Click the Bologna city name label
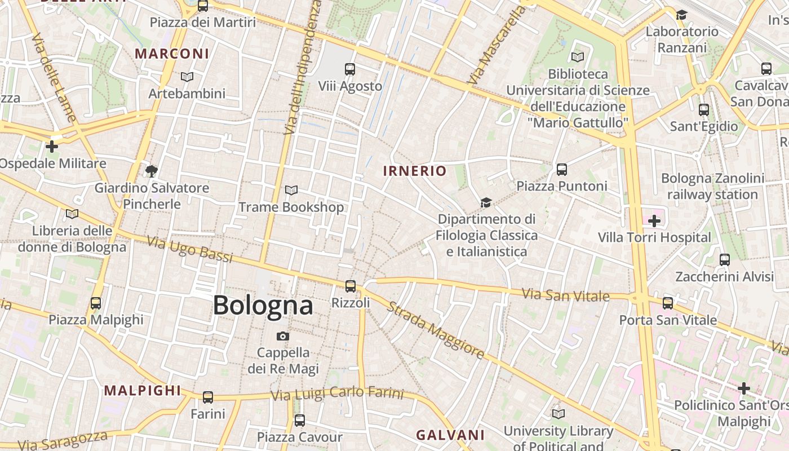pos(263,306)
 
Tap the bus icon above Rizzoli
pos(351,286)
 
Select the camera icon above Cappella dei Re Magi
pos(283,337)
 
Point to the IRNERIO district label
pos(415,171)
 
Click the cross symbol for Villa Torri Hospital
pos(654,221)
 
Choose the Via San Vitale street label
pos(566,295)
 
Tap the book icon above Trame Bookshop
pos(291,191)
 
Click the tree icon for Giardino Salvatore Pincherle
pos(151,171)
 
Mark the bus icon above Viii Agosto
pos(350,69)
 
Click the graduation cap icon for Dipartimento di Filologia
pos(486,202)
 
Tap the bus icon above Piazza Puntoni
pos(561,169)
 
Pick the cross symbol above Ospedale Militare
pos(52,147)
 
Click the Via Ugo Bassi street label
pos(190,250)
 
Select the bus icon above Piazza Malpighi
pos(96,303)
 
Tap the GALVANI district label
pos(450,435)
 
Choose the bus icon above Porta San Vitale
pos(668,303)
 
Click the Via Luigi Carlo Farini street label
pos(338,393)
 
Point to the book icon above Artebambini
pos(187,77)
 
